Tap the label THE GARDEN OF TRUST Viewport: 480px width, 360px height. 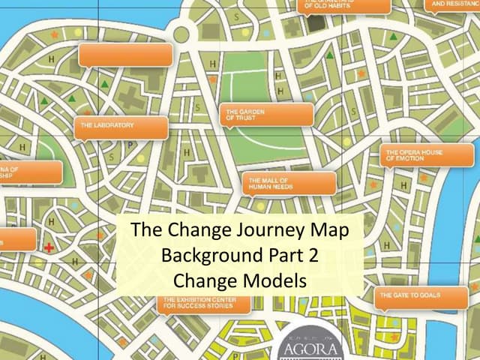(268, 115)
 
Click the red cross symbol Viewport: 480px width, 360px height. (49, 247)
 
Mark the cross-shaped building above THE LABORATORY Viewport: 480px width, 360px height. (132, 98)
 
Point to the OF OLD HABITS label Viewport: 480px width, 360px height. (346, 6)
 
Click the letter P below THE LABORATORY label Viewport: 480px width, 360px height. (129, 145)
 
